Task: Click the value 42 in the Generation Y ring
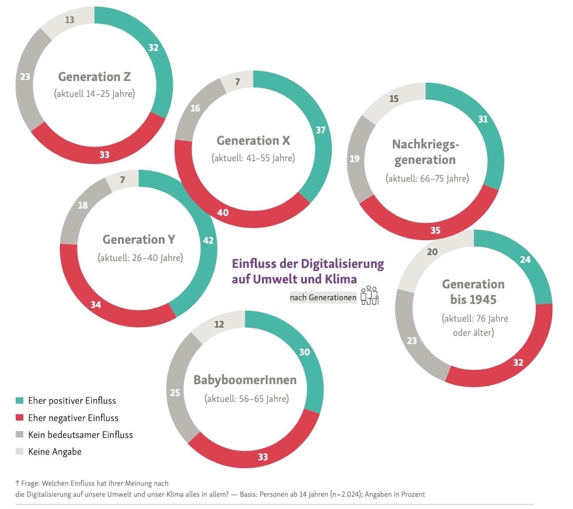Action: (209, 240)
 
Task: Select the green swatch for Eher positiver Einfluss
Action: (19, 401)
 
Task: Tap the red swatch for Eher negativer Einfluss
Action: (19, 418)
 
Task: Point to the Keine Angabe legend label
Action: (55, 451)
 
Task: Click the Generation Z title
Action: (94, 77)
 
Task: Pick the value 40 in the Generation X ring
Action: (223, 212)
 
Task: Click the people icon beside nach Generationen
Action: (369, 295)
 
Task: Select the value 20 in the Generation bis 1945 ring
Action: (432, 252)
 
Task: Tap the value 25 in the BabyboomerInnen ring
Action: (175, 393)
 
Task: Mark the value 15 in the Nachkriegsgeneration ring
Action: (394, 99)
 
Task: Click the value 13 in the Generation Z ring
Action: (70, 20)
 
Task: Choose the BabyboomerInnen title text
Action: (245, 380)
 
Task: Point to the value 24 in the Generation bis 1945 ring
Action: (525, 260)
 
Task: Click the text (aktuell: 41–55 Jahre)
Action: (253, 158)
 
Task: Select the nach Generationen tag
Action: (323, 297)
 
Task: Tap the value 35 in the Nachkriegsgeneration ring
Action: (435, 230)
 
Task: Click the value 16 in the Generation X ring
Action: (195, 108)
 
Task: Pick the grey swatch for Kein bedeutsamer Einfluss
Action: (19, 435)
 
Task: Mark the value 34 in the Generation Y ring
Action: (96, 304)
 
